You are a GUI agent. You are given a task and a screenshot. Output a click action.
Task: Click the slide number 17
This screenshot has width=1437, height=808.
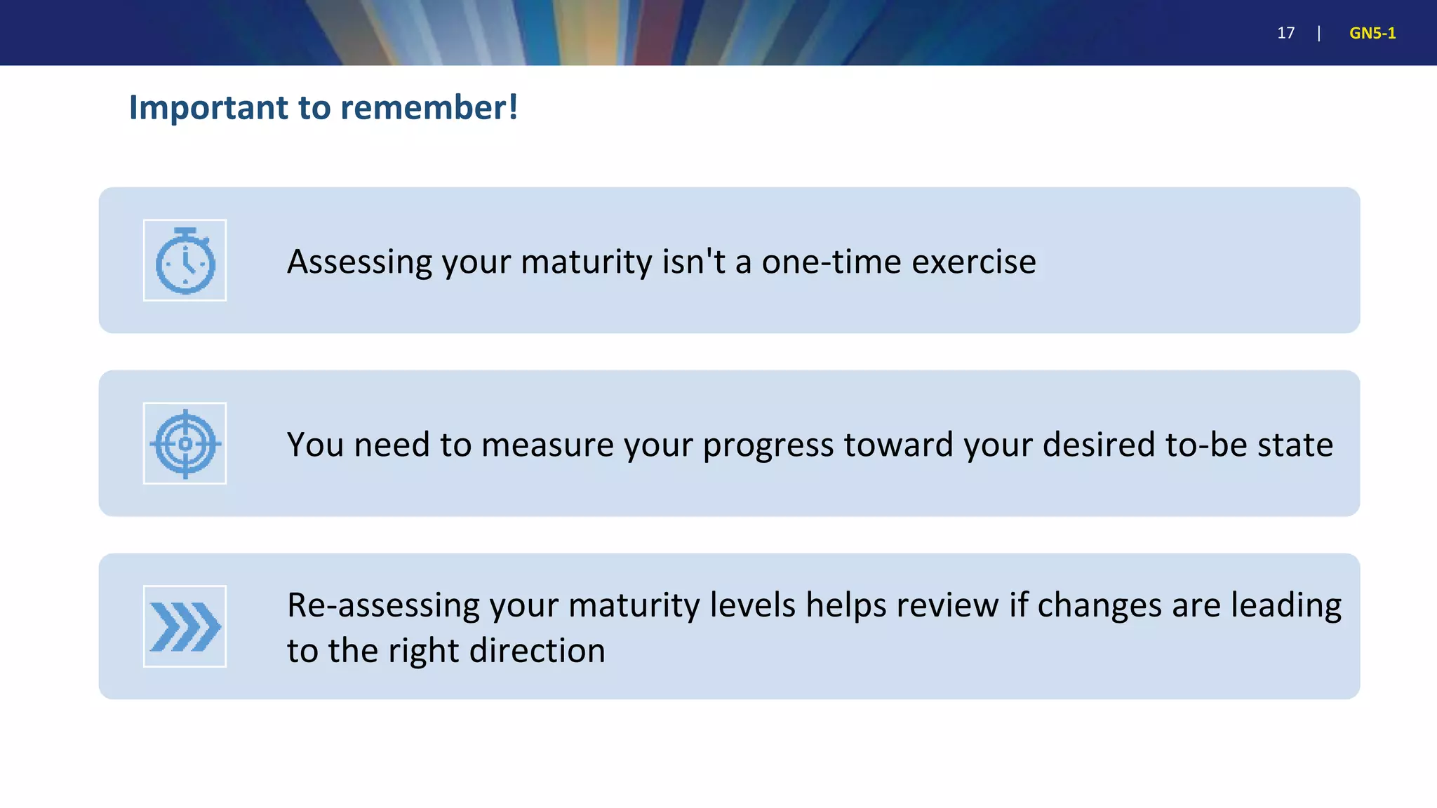pyautogui.click(x=1285, y=33)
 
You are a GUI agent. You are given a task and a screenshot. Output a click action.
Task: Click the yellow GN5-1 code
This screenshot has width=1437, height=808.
pyautogui.click(x=1372, y=33)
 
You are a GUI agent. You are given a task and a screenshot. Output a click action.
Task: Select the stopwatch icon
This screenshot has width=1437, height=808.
pyautogui.click(x=185, y=261)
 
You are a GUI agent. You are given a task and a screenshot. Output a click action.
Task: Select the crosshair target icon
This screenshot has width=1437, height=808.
pyautogui.click(x=185, y=443)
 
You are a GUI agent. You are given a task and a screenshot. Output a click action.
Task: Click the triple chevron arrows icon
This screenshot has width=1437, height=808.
pyautogui.click(x=185, y=626)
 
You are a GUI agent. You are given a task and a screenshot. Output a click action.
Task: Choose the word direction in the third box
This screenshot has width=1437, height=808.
pyautogui.click(x=537, y=651)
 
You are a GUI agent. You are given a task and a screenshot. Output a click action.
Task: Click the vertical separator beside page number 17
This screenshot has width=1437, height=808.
pyautogui.click(x=1319, y=33)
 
